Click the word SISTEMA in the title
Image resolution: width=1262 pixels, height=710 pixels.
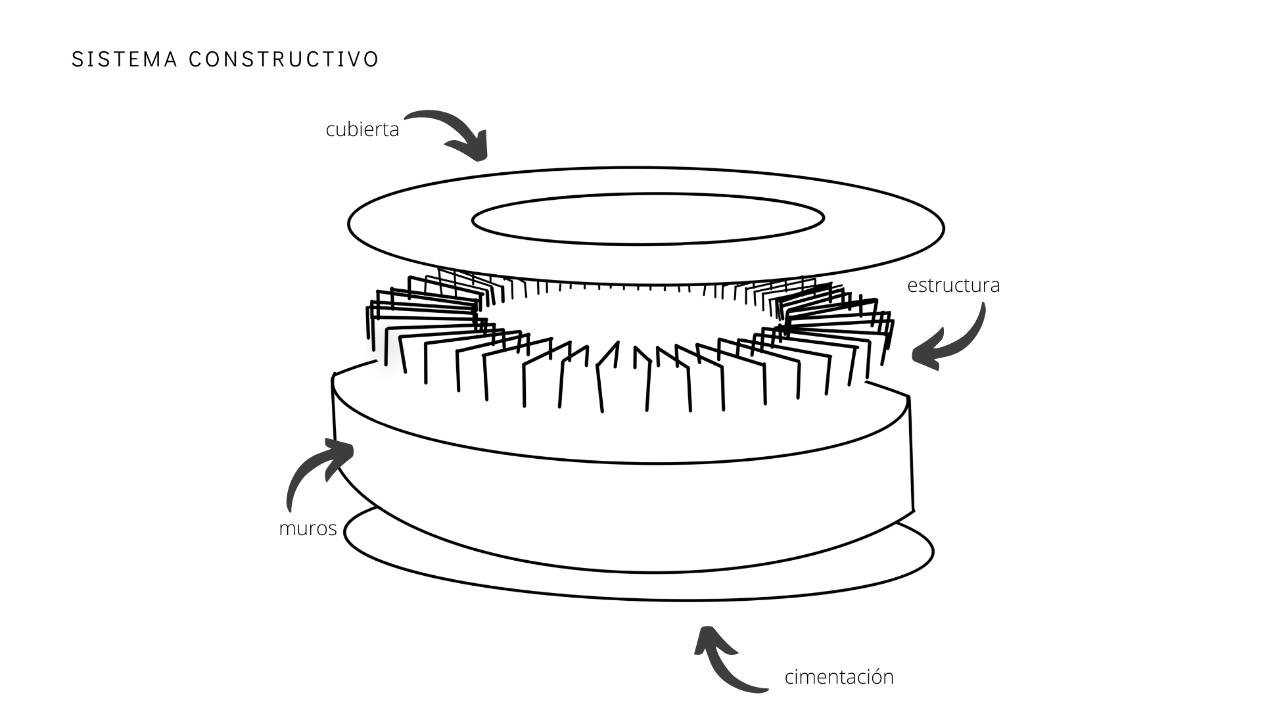(124, 59)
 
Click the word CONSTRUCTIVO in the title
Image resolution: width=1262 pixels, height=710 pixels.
(284, 59)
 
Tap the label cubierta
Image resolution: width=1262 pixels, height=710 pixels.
(362, 130)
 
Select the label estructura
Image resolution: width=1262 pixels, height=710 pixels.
(953, 285)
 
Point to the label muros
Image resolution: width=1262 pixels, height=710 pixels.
(308, 529)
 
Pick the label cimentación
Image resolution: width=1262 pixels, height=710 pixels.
(839, 677)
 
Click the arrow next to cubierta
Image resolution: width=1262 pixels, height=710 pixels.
(454, 131)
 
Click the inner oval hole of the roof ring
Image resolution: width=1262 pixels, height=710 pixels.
(647, 219)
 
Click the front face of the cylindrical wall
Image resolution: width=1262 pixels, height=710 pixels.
(624, 513)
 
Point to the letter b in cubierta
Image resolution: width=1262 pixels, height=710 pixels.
(352, 129)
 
